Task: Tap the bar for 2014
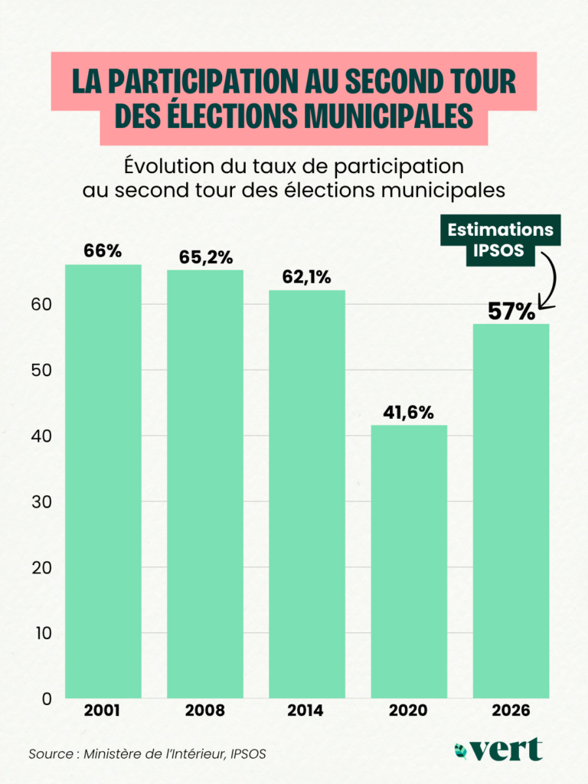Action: pyautogui.click(x=307, y=494)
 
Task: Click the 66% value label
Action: pyautogui.click(x=103, y=251)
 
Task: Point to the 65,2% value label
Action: pyautogui.click(x=206, y=257)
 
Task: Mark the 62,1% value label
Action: pyautogui.click(x=307, y=277)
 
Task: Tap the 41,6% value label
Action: pyautogui.click(x=409, y=413)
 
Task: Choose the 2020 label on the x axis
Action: pyautogui.click(x=409, y=710)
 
